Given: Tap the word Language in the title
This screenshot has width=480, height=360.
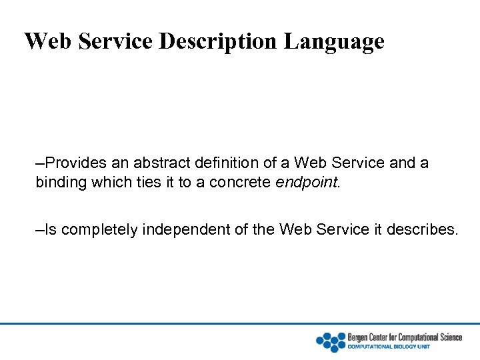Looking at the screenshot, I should click(334, 41).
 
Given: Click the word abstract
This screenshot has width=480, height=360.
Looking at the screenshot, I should click(161, 163).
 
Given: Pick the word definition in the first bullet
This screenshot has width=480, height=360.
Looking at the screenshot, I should click(227, 163).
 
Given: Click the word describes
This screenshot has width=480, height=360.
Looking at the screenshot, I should click(427, 230).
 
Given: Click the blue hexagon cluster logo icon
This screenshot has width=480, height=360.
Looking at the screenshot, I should click(331, 341).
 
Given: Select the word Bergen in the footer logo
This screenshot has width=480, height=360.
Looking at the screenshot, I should click(358, 337).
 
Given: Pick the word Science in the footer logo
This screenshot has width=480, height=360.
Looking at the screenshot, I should click(449, 337).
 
